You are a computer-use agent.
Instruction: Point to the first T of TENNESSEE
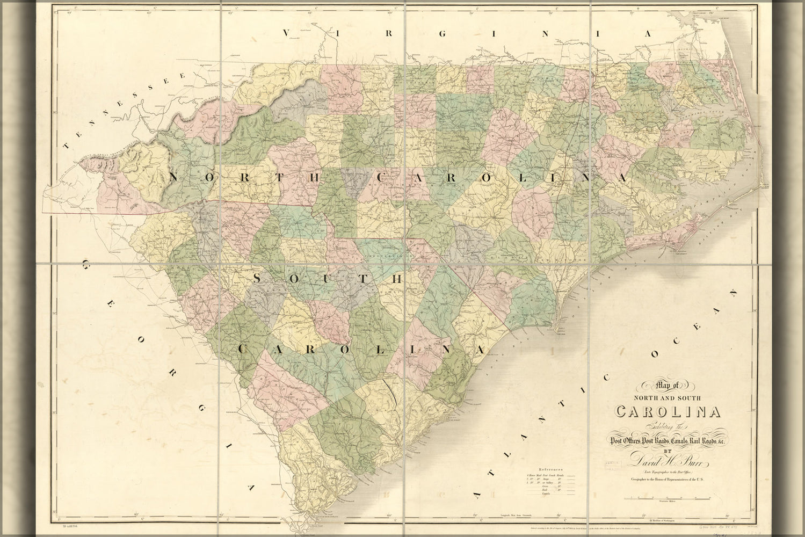(x=67, y=145)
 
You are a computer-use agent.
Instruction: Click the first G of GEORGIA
(x=86, y=264)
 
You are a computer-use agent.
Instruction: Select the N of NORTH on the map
(x=173, y=177)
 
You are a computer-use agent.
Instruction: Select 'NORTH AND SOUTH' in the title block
(x=668, y=398)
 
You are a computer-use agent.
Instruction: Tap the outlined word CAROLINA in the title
(x=668, y=412)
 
